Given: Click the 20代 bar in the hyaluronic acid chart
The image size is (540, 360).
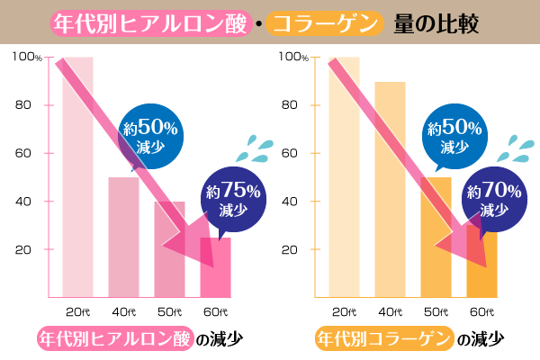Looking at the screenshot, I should click(x=77, y=180).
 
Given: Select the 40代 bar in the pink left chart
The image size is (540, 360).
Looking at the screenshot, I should click(x=123, y=238).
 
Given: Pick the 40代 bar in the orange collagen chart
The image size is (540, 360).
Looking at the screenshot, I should click(x=390, y=189).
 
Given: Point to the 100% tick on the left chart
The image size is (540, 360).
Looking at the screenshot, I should click(x=27, y=58).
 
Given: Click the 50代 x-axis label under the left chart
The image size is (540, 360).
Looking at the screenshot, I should click(x=169, y=311).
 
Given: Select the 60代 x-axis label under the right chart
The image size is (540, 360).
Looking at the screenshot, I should click(x=481, y=311).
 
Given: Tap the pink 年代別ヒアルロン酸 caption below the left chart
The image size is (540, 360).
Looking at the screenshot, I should click(x=115, y=339).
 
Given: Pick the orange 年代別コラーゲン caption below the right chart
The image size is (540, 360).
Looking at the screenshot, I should click(x=382, y=339).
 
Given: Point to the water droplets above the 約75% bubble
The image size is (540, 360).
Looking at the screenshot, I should click(x=262, y=147).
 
